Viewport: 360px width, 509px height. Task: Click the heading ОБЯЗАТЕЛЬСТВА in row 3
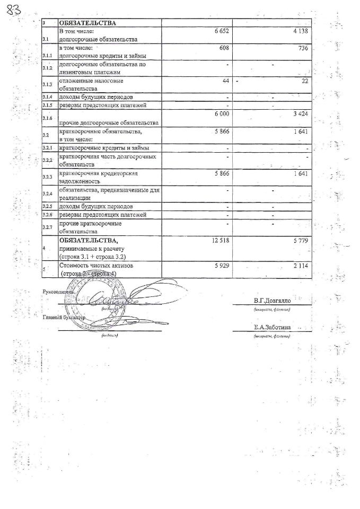coord(88,23)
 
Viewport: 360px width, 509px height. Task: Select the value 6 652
coord(221,32)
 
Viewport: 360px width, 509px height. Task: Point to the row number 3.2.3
coord(48,176)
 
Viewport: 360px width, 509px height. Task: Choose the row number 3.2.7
coord(48,227)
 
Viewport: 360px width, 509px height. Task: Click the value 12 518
coord(219,241)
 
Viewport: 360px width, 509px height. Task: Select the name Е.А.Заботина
coord(272,328)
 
